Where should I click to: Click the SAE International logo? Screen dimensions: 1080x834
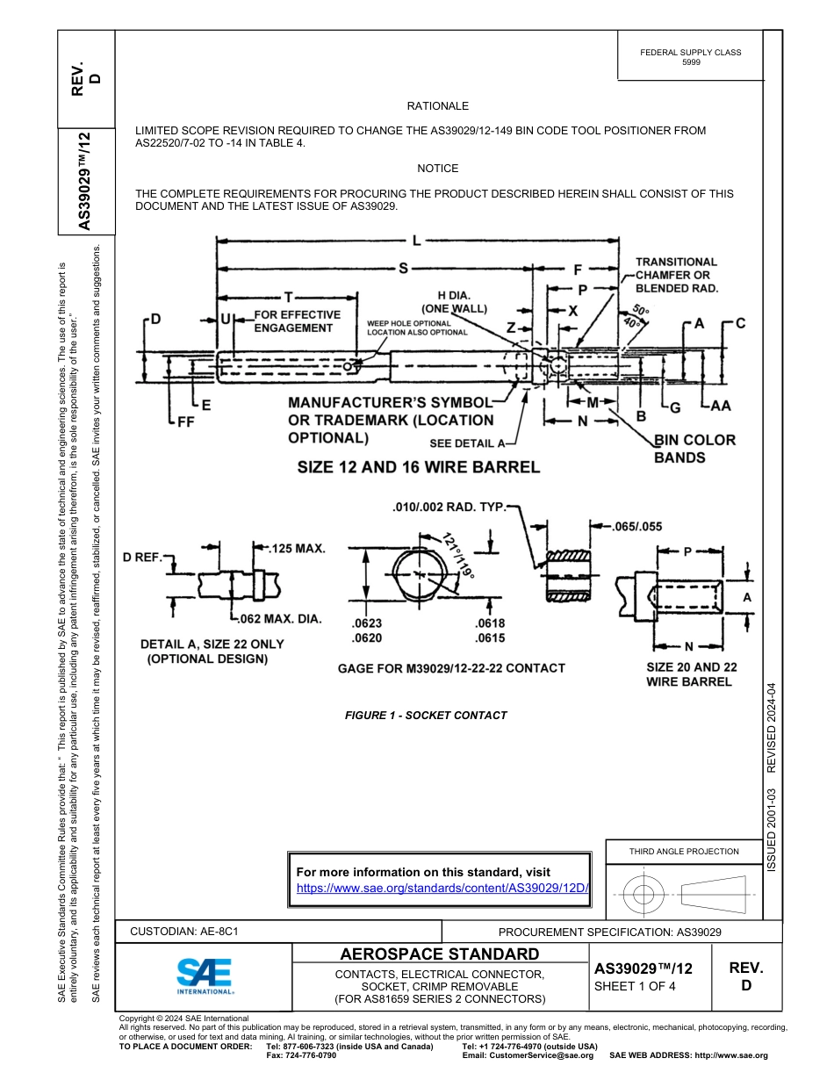[x=205, y=976]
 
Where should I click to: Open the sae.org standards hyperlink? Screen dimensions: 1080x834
[x=442, y=888]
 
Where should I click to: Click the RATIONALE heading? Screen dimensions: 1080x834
[x=437, y=106]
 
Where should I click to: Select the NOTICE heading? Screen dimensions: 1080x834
[x=437, y=169]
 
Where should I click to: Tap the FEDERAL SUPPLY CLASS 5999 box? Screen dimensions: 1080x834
[x=690, y=57]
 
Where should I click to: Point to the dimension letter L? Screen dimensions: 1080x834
[x=415, y=241]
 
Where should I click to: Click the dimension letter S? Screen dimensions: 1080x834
[x=403, y=269]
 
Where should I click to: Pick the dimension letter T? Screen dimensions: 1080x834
[x=288, y=297]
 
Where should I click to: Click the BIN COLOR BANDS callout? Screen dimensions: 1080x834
[x=694, y=448]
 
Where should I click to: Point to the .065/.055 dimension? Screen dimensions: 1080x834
[x=636, y=527]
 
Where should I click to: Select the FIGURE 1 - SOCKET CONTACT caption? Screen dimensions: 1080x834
[x=426, y=716]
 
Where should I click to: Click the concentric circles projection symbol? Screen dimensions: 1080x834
[x=644, y=895]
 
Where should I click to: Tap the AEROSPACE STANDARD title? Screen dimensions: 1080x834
[x=439, y=954]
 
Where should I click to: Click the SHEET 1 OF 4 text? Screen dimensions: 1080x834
[x=636, y=986]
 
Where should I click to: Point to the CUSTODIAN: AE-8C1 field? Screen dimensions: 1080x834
[x=183, y=932]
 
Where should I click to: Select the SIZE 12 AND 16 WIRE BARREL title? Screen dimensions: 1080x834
[x=418, y=467]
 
